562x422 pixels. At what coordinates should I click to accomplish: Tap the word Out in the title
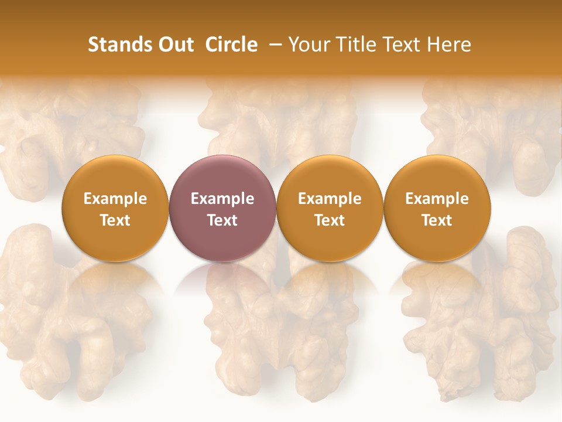click(174, 45)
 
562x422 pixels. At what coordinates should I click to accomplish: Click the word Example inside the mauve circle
click(222, 199)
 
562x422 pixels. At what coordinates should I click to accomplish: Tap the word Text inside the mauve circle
click(222, 220)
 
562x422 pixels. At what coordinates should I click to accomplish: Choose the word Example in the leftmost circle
click(115, 199)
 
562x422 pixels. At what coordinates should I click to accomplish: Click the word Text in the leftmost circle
click(115, 220)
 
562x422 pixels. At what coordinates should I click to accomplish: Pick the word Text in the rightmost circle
click(437, 220)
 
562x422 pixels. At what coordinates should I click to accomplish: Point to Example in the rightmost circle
click(437, 199)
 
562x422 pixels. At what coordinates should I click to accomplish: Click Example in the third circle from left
click(330, 199)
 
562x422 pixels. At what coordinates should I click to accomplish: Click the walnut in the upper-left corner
click(64, 135)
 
